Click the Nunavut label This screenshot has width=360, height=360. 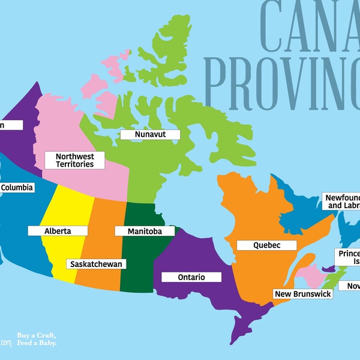(149, 135)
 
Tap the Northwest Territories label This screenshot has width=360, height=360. (74, 160)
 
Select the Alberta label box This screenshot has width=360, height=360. (58, 231)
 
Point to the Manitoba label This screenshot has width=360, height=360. (145, 231)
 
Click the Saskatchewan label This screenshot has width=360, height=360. (96, 264)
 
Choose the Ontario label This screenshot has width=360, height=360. (191, 277)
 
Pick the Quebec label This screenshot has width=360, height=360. (266, 245)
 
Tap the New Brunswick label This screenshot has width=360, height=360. (302, 294)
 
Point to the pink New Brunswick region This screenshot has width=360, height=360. (310, 277)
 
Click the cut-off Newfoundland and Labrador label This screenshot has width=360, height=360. (341, 201)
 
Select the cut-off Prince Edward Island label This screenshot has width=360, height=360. (347, 257)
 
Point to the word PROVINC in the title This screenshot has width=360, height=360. (282, 78)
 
